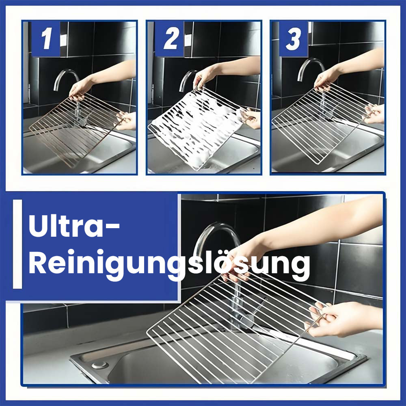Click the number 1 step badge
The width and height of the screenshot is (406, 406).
45,39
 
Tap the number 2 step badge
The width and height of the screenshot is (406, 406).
169,39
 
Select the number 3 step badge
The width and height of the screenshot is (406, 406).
294,39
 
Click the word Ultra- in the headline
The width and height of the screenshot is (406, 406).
74,226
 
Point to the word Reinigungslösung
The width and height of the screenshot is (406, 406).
169,264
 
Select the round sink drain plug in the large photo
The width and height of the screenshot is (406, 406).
100,365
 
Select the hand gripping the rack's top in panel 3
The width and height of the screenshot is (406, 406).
326,78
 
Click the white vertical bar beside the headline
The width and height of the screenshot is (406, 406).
17,244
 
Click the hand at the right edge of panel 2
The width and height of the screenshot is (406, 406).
251,118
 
